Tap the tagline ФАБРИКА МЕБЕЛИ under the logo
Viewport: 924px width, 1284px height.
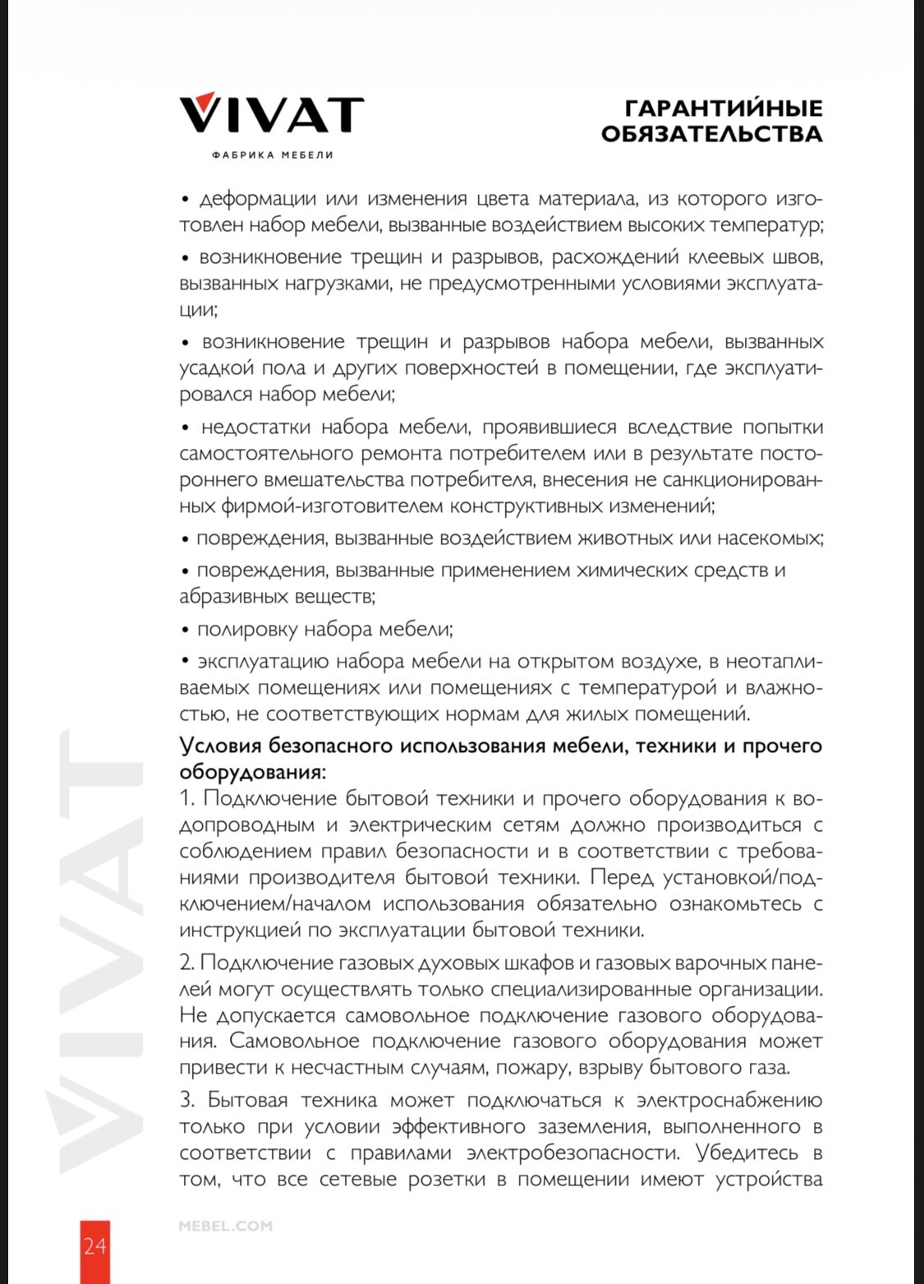(272, 155)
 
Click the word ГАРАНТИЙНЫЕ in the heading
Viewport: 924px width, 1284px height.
(723, 109)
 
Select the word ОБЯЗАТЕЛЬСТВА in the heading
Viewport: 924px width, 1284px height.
(711, 134)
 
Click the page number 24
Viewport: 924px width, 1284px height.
(94, 1246)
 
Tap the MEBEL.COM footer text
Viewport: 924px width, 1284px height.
(225, 1226)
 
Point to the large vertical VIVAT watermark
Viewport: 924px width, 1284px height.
(100, 954)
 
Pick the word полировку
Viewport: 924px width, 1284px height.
(247, 630)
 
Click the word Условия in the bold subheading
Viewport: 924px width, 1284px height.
(220, 746)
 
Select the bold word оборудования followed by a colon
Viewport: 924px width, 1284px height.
(252, 773)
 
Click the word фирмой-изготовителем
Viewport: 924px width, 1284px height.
(332, 506)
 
